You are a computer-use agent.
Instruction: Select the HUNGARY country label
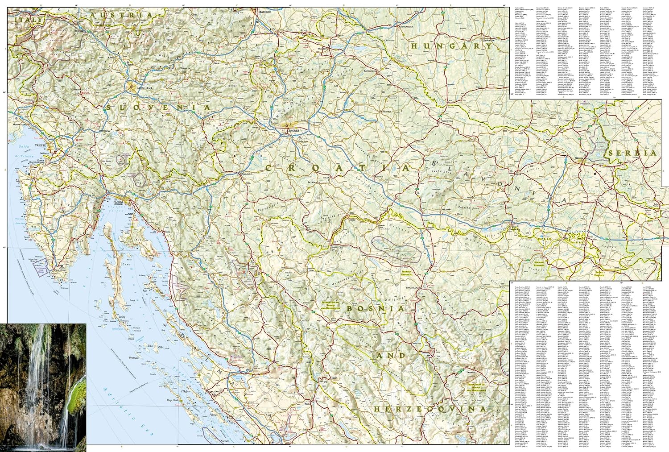coord(451,46)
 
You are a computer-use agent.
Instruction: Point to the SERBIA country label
coord(632,153)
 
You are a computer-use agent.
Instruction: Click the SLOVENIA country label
coord(158,108)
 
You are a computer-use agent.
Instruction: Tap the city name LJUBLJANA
coord(144,88)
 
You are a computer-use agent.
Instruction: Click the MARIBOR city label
coord(263,12)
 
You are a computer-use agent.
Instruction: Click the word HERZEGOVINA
coord(430,409)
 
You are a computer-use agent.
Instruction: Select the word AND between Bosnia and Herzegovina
coord(391,356)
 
